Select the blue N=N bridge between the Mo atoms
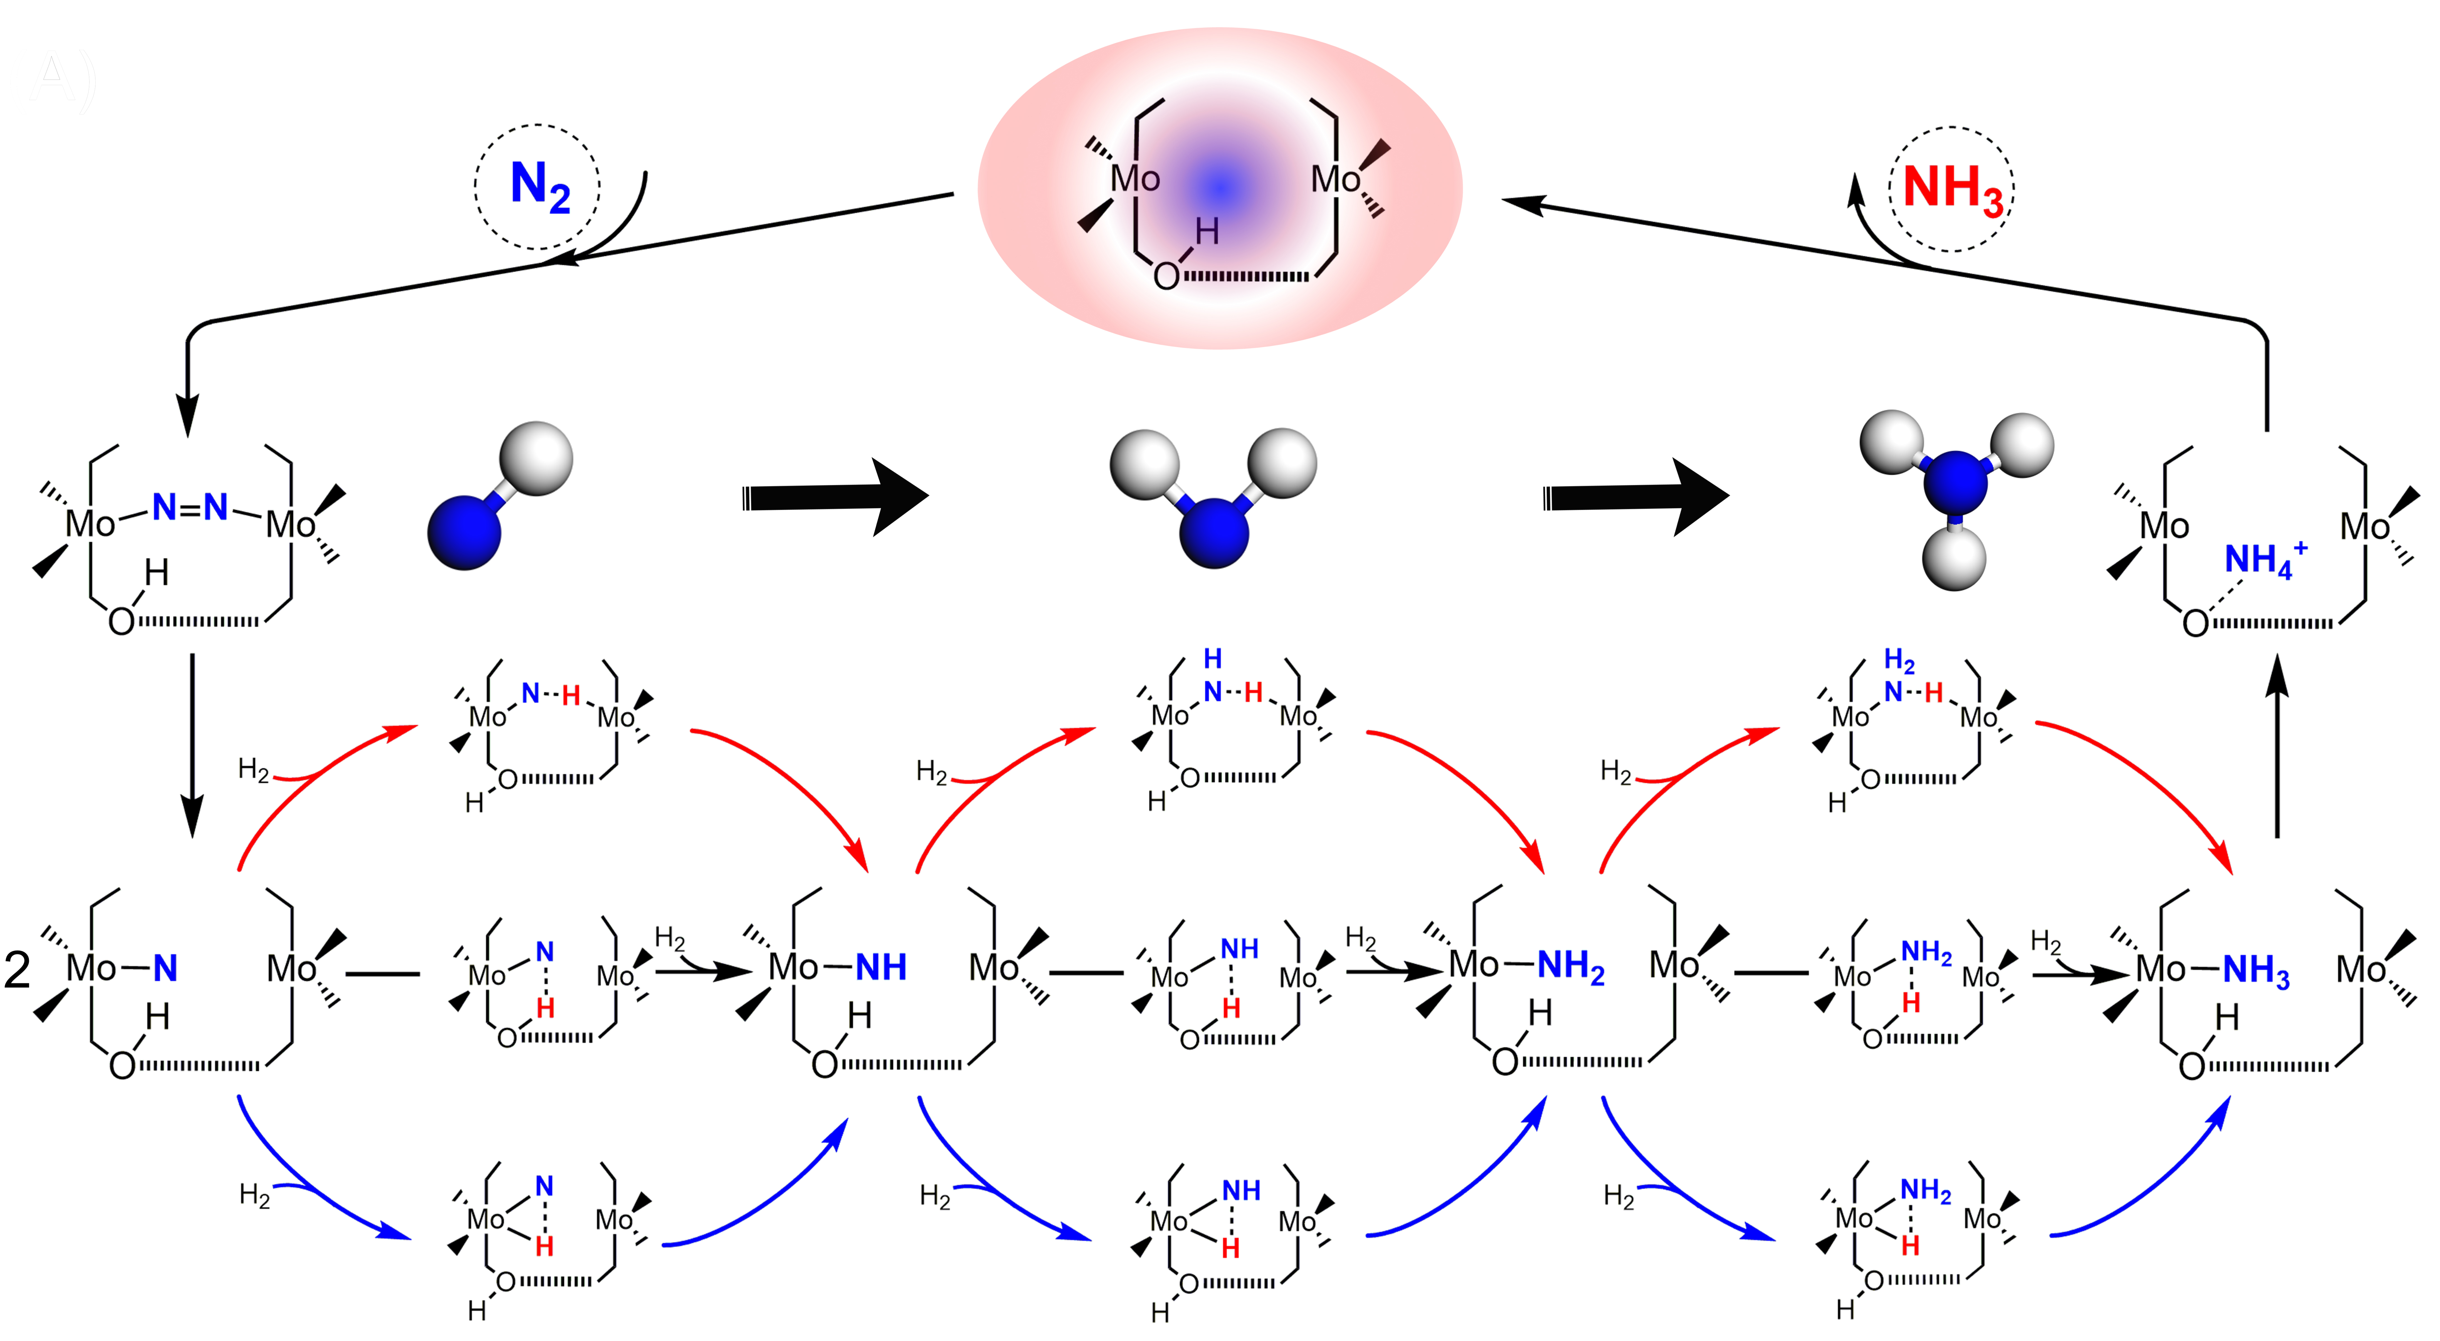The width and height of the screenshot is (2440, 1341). (x=190, y=508)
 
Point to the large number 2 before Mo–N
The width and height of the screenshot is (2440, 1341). (x=18, y=970)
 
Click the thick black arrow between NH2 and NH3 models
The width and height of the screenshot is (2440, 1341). (x=1636, y=497)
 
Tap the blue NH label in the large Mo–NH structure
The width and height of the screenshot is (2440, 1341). (x=881, y=967)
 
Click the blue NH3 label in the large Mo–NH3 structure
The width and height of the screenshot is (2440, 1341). (x=2256, y=971)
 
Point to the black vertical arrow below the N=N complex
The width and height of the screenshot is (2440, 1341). (x=192, y=745)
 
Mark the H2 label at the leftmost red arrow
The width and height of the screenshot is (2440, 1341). (x=254, y=769)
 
